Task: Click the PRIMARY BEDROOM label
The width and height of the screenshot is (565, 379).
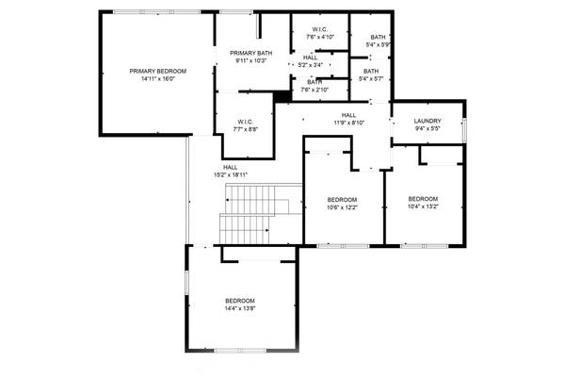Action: [x=157, y=72]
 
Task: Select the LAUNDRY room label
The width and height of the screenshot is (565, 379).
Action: [x=428, y=121]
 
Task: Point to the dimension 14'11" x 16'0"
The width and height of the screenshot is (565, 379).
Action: [x=157, y=79]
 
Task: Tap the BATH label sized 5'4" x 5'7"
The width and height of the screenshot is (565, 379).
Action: [x=371, y=72]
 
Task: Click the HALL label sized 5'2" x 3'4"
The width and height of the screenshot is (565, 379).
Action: [x=311, y=58]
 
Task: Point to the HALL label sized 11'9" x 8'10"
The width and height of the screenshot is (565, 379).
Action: [x=348, y=114]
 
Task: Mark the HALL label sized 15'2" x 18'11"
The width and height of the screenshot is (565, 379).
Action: [x=230, y=167]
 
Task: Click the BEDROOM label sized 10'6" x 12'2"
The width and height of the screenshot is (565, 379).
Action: [x=342, y=200]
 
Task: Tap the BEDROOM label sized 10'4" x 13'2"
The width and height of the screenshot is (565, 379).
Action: [x=423, y=199]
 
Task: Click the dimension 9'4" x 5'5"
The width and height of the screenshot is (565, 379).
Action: [x=428, y=128]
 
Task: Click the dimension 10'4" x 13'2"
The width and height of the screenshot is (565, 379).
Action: [x=423, y=206]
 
